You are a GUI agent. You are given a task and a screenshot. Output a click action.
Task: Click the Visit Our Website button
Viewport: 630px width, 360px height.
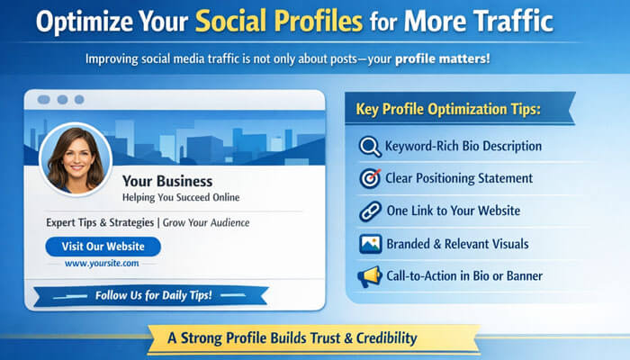[103, 246]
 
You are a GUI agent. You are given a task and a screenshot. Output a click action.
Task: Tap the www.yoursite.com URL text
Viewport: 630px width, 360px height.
[102, 264]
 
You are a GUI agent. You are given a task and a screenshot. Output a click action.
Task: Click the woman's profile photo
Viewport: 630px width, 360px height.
[76, 158]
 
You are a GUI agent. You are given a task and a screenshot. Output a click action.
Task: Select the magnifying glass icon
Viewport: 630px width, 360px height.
[370, 147]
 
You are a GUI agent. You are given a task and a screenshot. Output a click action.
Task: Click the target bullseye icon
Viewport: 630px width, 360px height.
[370, 178]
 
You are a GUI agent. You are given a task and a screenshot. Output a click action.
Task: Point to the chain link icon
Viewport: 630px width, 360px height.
[370, 211]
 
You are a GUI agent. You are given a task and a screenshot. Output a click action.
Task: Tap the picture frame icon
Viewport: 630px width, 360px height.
[370, 244]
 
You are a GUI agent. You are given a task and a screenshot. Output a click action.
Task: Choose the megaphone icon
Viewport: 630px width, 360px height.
[370, 276]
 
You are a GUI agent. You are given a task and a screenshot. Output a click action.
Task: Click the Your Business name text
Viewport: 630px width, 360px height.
[166, 181]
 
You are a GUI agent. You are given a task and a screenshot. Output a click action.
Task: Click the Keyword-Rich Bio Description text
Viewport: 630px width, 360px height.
[463, 147]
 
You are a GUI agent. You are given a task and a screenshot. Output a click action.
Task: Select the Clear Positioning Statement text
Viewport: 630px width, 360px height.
[458, 178]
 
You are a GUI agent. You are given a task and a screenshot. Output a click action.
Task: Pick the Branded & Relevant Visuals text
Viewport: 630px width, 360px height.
[456, 244]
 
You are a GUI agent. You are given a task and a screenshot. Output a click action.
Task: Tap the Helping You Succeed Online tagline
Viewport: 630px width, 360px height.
[181, 197]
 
